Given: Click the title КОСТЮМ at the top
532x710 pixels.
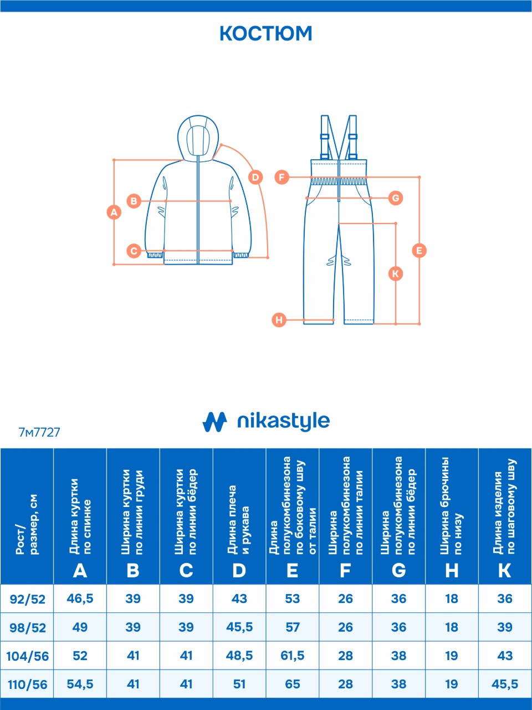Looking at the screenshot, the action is tap(266, 34).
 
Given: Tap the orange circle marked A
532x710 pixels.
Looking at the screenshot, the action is tap(114, 212).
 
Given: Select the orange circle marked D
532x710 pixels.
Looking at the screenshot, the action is tap(255, 177).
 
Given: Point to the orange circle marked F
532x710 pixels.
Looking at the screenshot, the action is tap(282, 177).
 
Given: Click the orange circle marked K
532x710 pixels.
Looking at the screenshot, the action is tap(395, 274).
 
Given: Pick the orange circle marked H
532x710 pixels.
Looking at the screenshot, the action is tap(279, 320).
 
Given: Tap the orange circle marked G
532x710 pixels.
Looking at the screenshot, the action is tap(396, 198).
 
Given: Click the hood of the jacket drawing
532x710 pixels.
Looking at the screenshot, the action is tap(198, 138).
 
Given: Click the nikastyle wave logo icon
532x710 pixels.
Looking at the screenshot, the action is tap(214, 422).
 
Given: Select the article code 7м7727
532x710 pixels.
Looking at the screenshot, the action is tap(39, 433).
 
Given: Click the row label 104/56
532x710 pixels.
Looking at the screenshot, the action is tap(28, 657).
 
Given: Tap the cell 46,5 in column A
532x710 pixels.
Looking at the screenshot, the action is tap(80, 599).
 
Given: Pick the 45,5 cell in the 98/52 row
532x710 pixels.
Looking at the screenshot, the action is tap(239, 627).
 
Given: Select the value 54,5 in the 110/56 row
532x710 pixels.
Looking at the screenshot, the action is tap(80, 684).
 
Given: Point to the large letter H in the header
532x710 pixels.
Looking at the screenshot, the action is tap(452, 571).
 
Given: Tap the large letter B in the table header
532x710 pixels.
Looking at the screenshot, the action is tap(133, 571).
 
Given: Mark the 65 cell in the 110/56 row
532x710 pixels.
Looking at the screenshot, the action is tap(293, 684).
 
